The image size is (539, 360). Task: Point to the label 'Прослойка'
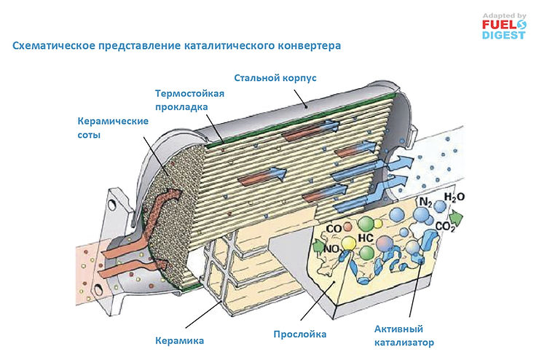pos(299,334)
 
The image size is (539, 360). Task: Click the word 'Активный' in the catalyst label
pos(398,329)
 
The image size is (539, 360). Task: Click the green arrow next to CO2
pos(457,216)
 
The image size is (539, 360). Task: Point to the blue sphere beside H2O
pos(440,206)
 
